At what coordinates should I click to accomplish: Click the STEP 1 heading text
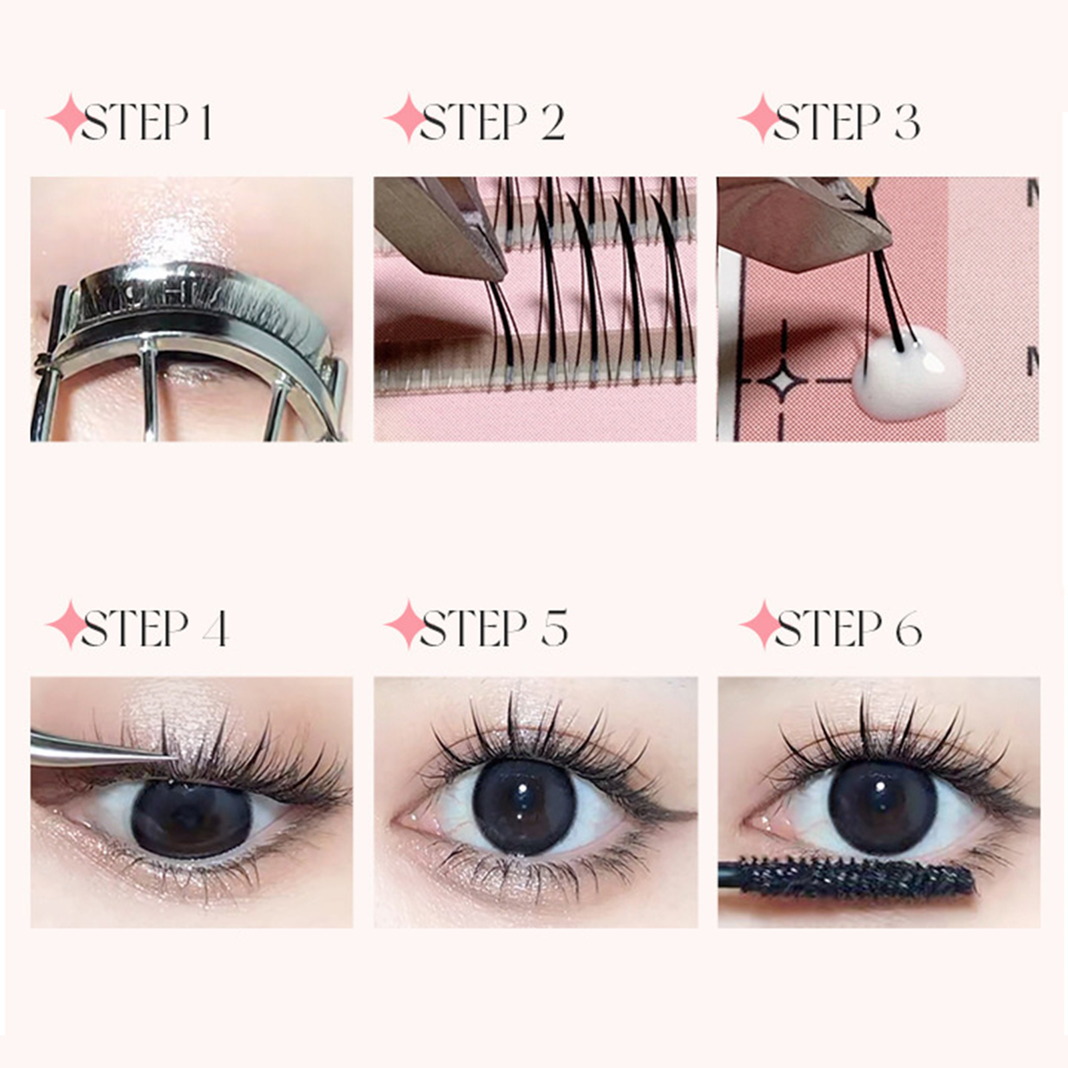(x=147, y=121)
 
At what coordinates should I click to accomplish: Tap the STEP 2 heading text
(x=493, y=121)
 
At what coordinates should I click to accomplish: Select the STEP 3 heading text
(x=847, y=121)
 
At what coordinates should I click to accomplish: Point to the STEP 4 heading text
(x=155, y=628)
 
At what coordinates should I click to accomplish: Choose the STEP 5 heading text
(x=494, y=628)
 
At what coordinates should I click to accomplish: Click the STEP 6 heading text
(x=848, y=628)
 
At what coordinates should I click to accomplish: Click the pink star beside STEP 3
(x=760, y=119)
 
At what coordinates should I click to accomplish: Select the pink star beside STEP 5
(x=406, y=625)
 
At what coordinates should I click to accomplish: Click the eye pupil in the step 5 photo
(x=524, y=806)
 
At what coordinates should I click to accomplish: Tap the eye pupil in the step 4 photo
(x=191, y=820)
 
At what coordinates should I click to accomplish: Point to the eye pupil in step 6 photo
(x=882, y=806)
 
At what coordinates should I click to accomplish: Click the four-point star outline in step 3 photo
(x=782, y=381)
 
